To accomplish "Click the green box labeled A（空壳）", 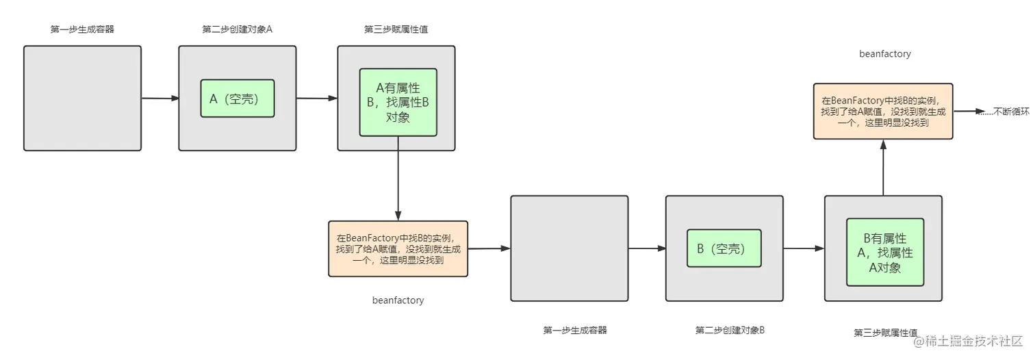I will (238, 99).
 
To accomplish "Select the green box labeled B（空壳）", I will (724, 248).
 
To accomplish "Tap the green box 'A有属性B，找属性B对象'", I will (398, 102).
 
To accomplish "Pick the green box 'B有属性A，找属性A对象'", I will (885, 252).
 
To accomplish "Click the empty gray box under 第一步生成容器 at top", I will (82, 98).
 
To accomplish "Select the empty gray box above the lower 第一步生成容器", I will (569, 248).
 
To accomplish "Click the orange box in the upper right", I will (882, 111).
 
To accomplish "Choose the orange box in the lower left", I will (398, 248).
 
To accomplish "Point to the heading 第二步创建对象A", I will (238, 29).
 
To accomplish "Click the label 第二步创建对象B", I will (730, 331).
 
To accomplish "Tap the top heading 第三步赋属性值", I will (396, 29).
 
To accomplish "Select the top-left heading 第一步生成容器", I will (82, 29).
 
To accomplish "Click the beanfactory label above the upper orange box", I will (884, 53).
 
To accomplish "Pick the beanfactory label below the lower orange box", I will (398, 300).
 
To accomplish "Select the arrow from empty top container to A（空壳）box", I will (159, 99).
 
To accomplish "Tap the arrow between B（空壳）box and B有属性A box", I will (804, 248).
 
